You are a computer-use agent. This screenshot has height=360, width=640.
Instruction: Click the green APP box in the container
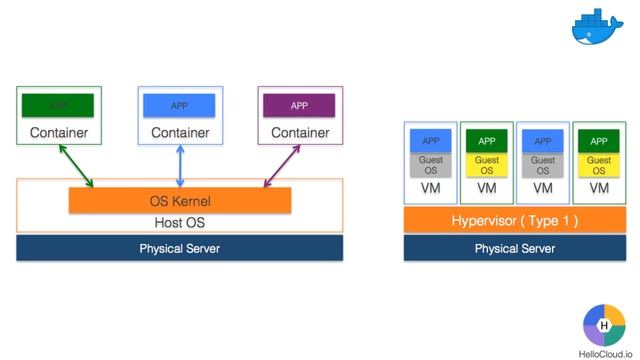[58, 105]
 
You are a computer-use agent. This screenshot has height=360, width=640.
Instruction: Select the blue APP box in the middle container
[179, 105]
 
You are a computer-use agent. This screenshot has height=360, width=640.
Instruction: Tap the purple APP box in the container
[299, 105]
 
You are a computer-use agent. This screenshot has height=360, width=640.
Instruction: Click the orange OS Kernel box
[179, 201]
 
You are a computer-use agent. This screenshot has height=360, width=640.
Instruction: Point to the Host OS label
[179, 222]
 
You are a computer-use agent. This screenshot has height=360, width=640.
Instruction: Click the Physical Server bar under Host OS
[179, 248]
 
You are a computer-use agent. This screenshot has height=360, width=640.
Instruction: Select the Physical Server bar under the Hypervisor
[514, 248]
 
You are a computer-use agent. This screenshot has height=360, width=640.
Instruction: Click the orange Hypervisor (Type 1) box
[514, 220]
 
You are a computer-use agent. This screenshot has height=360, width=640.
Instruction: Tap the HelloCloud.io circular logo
[603, 326]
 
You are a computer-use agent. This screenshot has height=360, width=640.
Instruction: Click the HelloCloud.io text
[603, 353]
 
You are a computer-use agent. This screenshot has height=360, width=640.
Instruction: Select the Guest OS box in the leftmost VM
[430, 165]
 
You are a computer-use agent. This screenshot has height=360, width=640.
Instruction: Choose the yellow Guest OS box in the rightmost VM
[598, 165]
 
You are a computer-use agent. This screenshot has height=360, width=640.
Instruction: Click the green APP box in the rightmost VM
[598, 141]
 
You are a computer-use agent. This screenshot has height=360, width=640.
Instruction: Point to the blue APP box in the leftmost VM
[430, 141]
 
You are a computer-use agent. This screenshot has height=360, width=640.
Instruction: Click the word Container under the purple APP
[300, 133]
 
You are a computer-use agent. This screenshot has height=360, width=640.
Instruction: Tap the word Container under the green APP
[58, 133]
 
